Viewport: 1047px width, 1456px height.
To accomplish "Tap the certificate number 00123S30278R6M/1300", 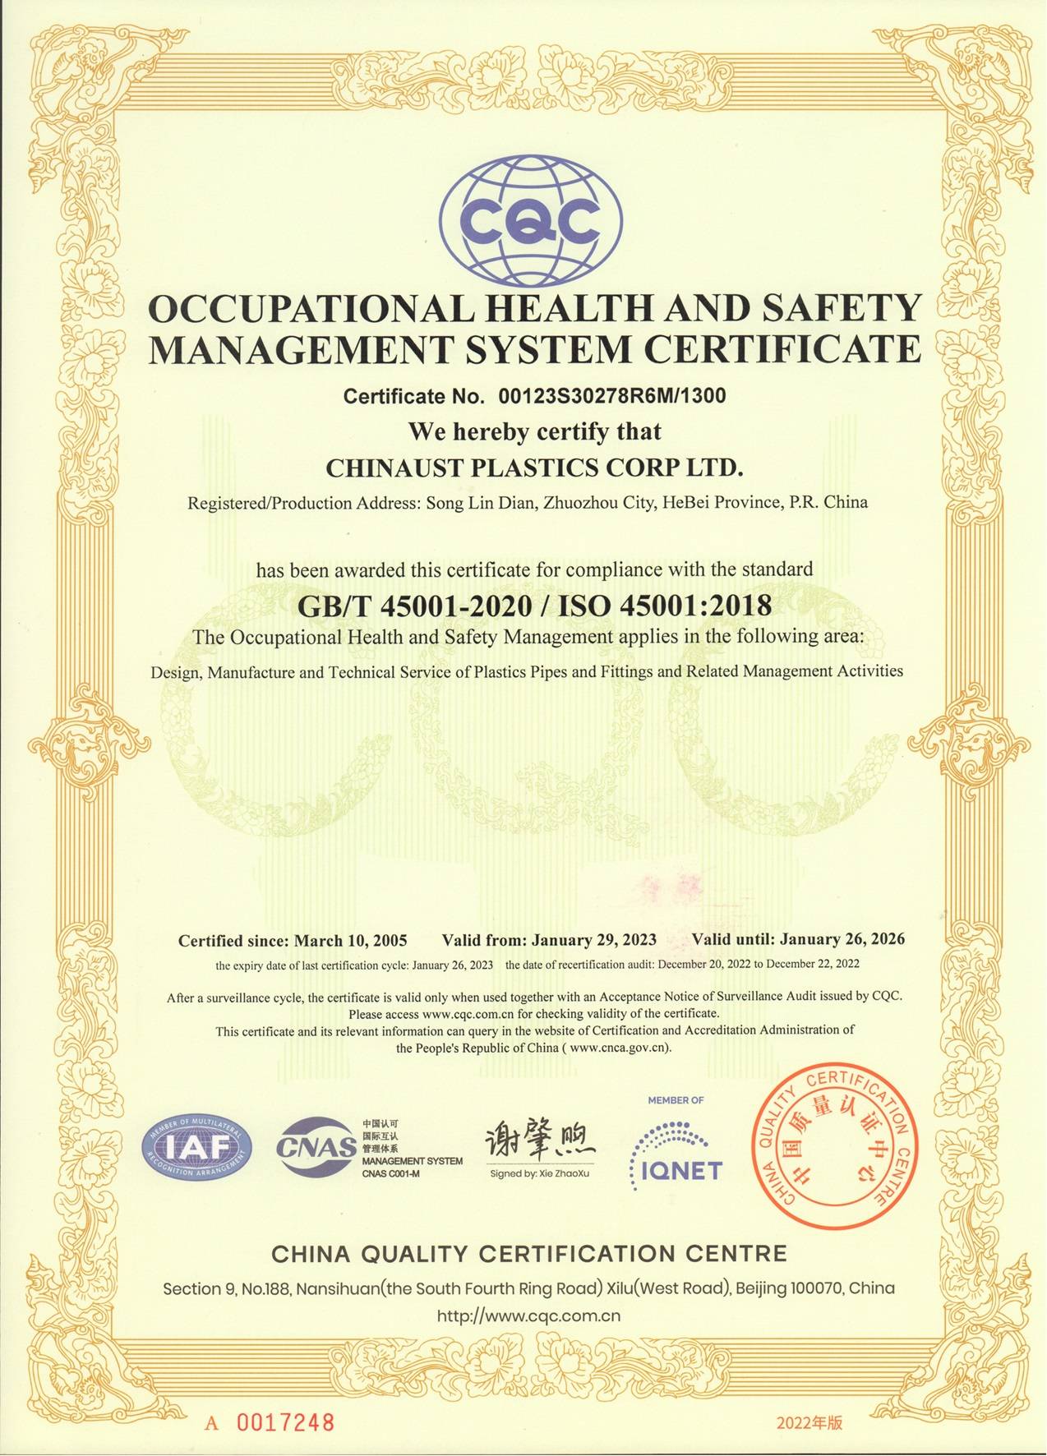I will (612, 397).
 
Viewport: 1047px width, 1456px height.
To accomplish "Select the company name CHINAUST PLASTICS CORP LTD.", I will (534, 468).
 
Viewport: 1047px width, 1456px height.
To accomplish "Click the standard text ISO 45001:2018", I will (665, 606).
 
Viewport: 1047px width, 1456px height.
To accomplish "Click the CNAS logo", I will (316, 1145).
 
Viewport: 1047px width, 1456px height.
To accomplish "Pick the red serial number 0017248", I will (285, 1399).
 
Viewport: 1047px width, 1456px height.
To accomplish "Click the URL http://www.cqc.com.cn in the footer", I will (528, 1315).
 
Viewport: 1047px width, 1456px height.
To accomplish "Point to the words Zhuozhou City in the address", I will (597, 502).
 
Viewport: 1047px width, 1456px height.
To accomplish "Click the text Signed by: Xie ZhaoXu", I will (539, 1173).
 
